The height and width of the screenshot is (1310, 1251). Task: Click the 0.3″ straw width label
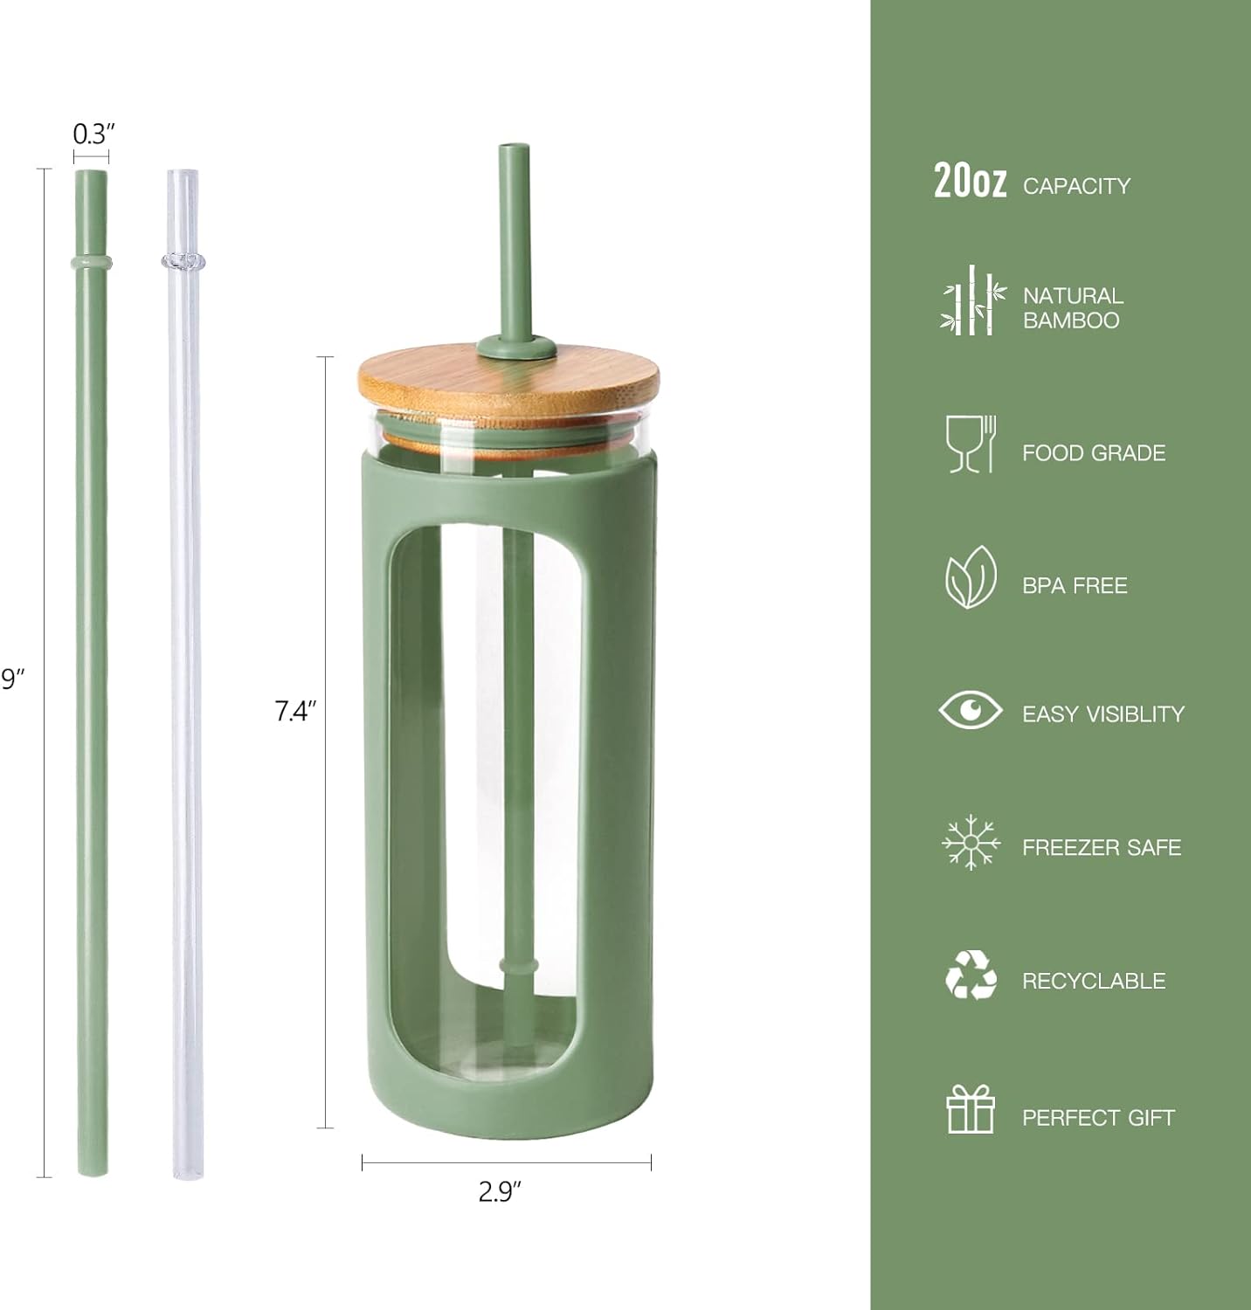[93, 134]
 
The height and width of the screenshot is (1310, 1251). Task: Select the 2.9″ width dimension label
[500, 1191]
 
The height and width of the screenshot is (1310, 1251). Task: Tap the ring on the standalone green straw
[92, 261]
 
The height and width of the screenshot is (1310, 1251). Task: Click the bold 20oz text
[970, 182]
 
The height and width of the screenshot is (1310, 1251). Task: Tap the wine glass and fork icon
[971, 445]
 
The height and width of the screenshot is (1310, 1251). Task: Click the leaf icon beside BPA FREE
[970, 577]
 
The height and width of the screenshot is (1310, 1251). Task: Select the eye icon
[971, 709]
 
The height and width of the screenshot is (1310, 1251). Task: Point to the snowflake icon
[971, 843]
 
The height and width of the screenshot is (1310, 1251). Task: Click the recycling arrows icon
[971, 976]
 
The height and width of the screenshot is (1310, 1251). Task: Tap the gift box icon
[971, 1109]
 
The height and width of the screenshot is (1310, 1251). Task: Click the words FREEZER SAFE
[1101, 847]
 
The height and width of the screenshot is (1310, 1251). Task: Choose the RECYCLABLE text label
[1094, 981]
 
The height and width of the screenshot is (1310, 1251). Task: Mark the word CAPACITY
[1076, 186]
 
